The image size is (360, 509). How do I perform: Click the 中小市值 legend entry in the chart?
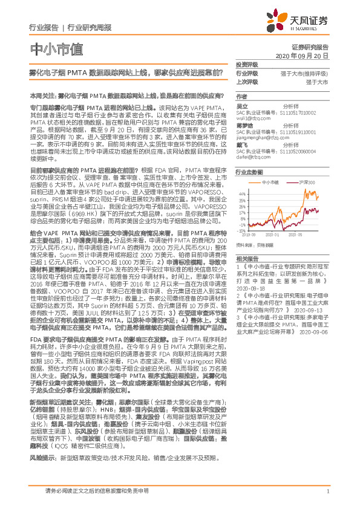coord(270,181)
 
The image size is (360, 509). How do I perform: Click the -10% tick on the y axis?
coord(242,230)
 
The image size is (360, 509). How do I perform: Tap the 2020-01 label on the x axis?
coord(272,234)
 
